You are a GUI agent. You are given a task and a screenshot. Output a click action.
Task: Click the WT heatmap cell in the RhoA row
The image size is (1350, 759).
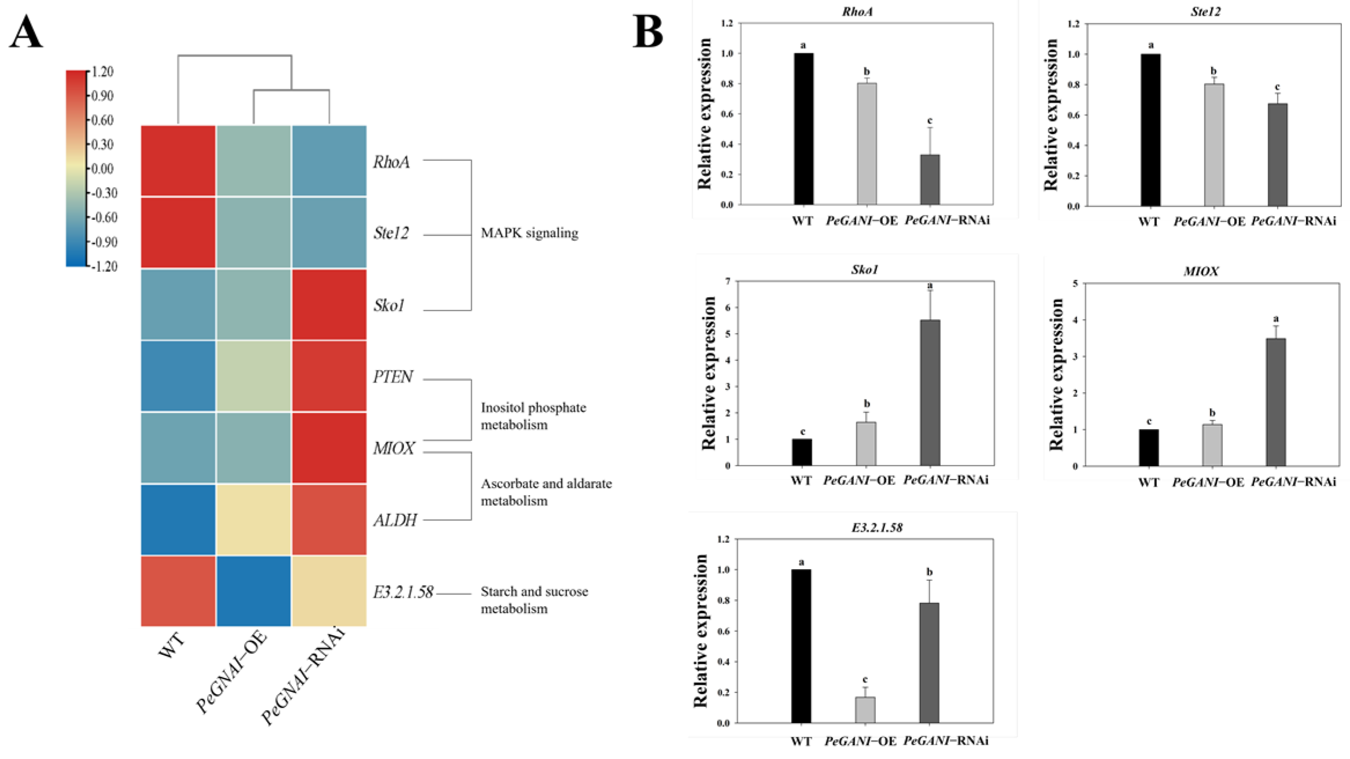178,161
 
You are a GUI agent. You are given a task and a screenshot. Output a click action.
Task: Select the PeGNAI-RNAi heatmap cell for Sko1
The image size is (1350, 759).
329,304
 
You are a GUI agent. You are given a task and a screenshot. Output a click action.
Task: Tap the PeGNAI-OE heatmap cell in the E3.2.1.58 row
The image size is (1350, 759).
253,591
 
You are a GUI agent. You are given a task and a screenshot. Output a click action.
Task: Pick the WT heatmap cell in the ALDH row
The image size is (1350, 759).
178,519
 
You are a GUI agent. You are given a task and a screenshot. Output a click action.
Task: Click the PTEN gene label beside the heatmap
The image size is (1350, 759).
393,377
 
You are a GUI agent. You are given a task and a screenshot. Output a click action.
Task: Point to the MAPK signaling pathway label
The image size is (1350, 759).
529,233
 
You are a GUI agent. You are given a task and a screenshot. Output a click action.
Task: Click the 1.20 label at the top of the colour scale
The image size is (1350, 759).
102,72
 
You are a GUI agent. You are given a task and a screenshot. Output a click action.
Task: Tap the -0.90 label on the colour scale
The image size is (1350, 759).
104,242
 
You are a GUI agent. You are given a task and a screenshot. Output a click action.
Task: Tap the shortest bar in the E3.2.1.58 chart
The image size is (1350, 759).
865,710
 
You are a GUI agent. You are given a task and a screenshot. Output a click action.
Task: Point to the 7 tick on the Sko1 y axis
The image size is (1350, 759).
727,281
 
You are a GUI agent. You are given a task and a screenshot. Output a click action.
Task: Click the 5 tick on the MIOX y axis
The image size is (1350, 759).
1075,283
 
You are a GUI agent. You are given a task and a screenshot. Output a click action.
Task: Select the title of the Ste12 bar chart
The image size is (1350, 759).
1205,12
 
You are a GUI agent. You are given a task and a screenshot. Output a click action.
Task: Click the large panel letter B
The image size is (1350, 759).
648,32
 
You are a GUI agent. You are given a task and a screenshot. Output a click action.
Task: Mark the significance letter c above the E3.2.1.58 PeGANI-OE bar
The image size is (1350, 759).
865,679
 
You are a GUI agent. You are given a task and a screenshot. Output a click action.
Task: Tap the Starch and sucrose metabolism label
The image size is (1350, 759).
534,600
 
